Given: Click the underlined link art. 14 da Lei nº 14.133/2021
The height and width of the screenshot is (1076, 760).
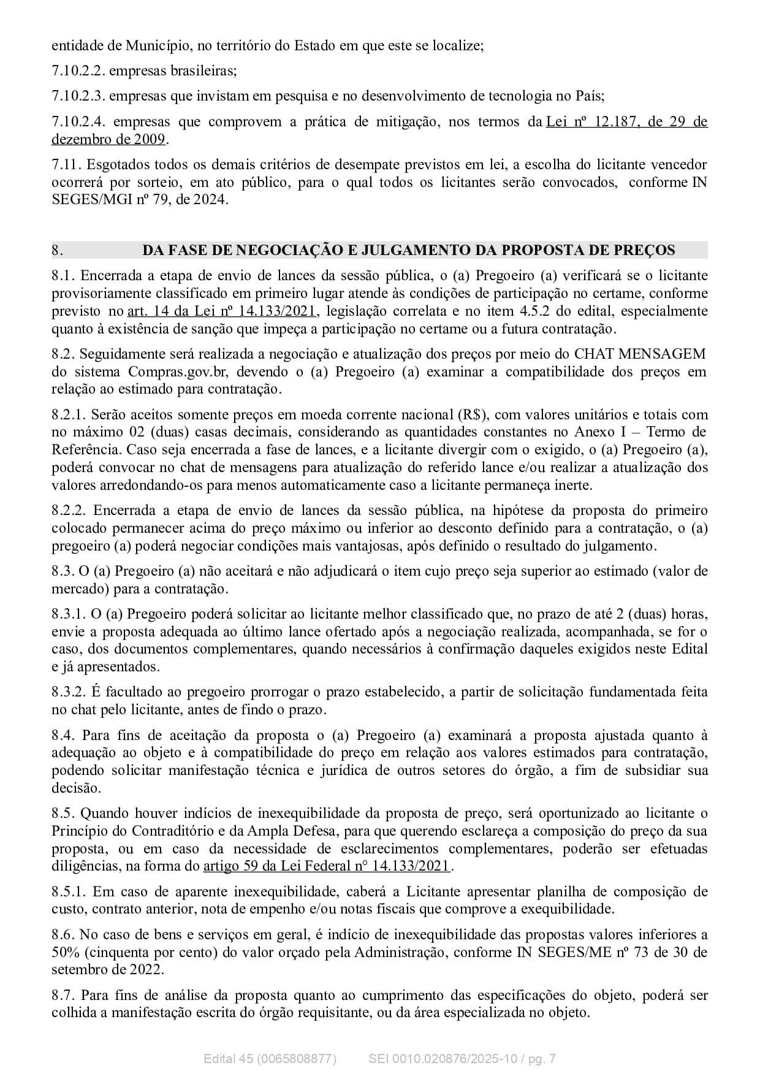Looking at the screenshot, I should (x=222, y=311).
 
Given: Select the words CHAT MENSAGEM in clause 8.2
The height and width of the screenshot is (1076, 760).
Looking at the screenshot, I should (x=639, y=354).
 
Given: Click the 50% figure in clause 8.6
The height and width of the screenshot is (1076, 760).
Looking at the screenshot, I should (x=63, y=952).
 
